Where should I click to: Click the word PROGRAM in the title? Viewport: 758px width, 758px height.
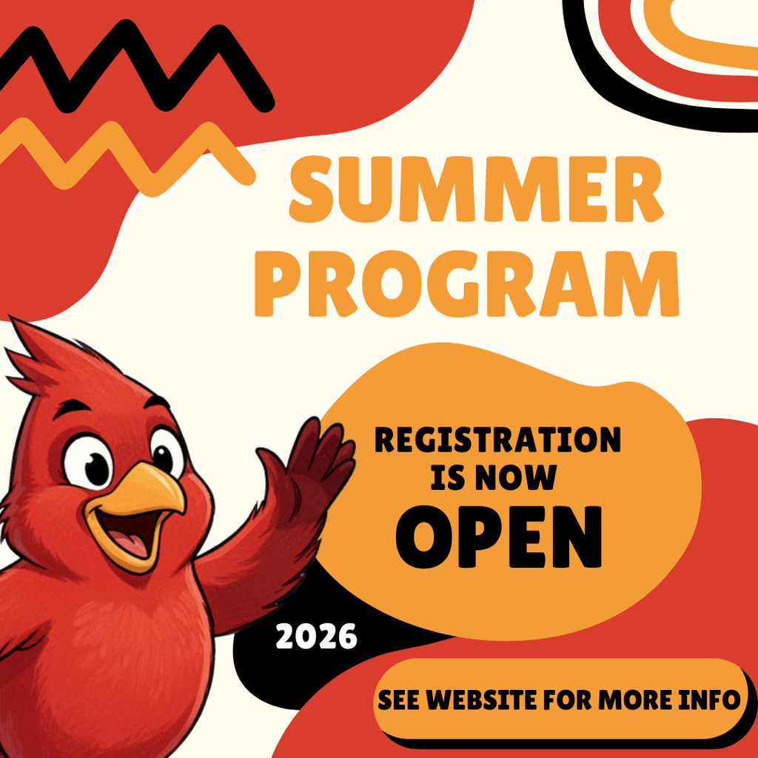[466, 284]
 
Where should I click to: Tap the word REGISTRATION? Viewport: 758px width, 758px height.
[497, 440]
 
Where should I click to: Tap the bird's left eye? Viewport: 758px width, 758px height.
[89, 463]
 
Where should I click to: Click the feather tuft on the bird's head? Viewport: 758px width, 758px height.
[44, 355]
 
